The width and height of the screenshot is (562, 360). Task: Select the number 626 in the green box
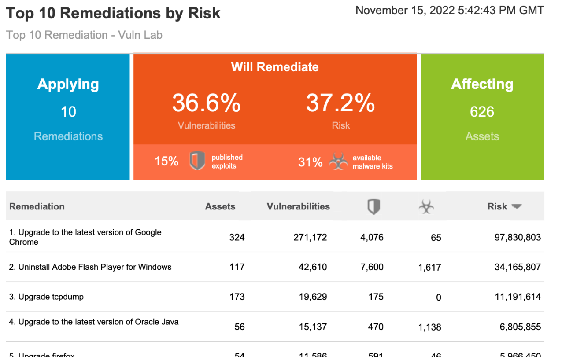(482, 112)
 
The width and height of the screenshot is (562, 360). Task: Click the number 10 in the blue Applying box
(68, 112)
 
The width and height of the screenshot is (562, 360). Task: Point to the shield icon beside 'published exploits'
(197, 161)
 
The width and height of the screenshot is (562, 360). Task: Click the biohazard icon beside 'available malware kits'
(338, 162)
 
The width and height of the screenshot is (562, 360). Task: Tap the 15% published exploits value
(166, 162)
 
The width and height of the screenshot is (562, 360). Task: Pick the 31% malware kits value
(311, 162)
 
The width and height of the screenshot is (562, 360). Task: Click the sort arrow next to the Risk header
(517, 206)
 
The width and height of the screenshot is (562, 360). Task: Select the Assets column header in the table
(220, 206)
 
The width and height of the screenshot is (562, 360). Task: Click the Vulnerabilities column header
(298, 206)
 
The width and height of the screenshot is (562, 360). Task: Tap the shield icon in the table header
(373, 206)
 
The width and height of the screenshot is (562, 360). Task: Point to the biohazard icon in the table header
(426, 206)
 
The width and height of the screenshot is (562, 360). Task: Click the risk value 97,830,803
(518, 238)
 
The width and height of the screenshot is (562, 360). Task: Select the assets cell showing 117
(237, 267)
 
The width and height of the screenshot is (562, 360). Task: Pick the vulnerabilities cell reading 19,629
(311, 297)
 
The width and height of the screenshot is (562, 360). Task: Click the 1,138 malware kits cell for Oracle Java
(429, 327)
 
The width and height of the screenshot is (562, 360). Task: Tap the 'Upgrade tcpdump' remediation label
(46, 297)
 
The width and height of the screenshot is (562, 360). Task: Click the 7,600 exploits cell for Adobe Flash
(372, 267)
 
